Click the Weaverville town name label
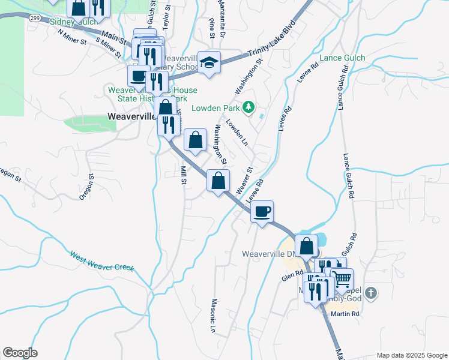coord(131,116)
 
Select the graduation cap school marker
coord(209,63)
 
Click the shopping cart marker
coord(342,279)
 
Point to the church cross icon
coord(372,293)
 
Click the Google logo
coord(20,353)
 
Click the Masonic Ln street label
coord(213,316)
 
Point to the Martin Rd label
coord(346,314)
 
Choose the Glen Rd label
coord(292,275)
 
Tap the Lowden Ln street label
coord(237,131)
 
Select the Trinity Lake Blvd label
coord(273,53)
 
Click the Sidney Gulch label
coord(73,22)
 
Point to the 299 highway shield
coord(33,18)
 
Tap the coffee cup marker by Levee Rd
coord(262,212)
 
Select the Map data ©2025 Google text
coord(411,355)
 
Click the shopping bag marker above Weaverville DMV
coord(306,246)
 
